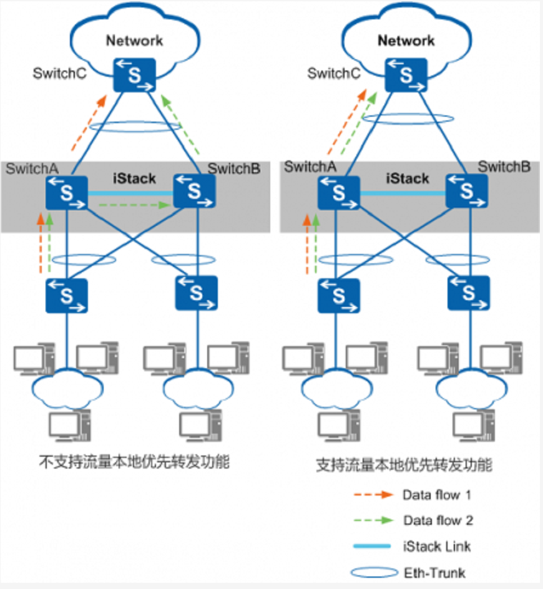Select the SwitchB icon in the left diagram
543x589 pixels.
(195, 191)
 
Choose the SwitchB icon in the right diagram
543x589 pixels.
(467, 191)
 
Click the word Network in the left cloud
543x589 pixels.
(134, 41)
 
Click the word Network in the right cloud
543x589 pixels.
(406, 41)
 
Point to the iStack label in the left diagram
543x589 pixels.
(134, 179)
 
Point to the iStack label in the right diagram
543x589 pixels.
(407, 179)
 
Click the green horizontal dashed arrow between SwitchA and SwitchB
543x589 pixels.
(131, 204)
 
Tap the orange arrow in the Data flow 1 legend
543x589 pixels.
(373, 495)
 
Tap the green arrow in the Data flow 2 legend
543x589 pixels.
(373, 520)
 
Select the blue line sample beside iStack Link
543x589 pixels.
(373, 547)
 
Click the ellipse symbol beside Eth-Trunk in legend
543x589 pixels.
(373, 572)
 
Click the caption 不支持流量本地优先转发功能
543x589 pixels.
(134, 462)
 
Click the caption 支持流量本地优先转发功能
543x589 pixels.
(404, 465)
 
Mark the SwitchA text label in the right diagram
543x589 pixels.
(310, 167)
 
